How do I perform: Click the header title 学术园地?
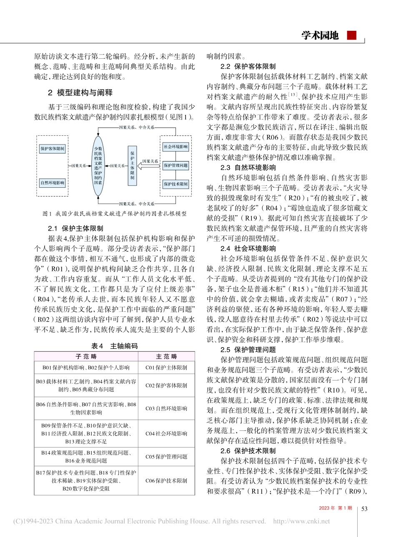click(x=320, y=35)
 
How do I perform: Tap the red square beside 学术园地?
click(x=352, y=35)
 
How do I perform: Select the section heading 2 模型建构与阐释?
click(x=80, y=92)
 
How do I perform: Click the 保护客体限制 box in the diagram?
click(x=53, y=149)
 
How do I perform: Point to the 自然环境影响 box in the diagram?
click(x=53, y=183)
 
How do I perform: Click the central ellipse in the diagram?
click(x=98, y=165)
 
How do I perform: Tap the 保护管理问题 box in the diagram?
click(x=175, y=165)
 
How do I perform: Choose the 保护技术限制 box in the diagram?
click(x=175, y=184)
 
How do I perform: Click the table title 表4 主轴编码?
click(x=114, y=346)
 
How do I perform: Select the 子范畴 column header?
click(x=86, y=356)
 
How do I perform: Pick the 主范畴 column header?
click(x=166, y=356)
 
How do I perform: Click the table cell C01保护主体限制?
click(x=166, y=368)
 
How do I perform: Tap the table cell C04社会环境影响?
click(x=166, y=433)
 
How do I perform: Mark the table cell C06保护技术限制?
click(x=166, y=480)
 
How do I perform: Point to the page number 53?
click(x=364, y=508)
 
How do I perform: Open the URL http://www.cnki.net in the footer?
click(x=301, y=521)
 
